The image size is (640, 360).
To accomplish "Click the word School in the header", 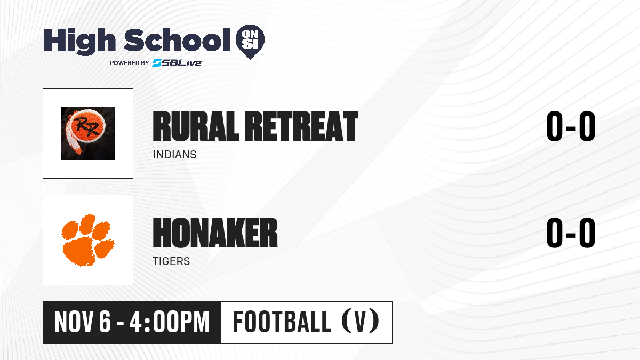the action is pyautogui.click(x=177, y=40).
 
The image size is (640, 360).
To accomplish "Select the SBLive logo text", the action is pyautogui.click(x=177, y=62).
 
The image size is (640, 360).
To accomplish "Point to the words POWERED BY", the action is pyautogui.click(x=130, y=63).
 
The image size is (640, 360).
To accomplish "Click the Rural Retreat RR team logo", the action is pyautogui.click(x=88, y=133).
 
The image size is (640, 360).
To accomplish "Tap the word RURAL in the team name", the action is pyautogui.click(x=196, y=126).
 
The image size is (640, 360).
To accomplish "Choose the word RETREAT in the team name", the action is pyautogui.click(x=301, y=126).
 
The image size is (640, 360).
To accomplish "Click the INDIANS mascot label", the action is pyautogui.click(x=174, y=155).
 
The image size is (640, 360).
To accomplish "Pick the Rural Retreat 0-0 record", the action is pyautogui.click(x=571, y=126).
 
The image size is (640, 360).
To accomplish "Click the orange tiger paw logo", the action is pyautogui.click(x=88, y=240).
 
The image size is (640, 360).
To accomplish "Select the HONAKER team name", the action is pyautogui.click(x=215, y=233).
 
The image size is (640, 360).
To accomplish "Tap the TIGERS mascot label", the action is pyautogui.click(x=171, y=261).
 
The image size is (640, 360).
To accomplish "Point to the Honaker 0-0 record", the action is pyautogui.click(x=571, y=233).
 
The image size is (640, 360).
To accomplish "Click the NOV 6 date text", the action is pyautogui.click(x=83, y=322).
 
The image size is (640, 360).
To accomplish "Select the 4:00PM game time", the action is pyautogui.click(x=170, y=322).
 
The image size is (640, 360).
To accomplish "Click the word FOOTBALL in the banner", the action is pyautogui.click(x=282, y=322).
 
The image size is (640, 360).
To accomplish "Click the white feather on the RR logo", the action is pyautogui.click(x=71, y=137).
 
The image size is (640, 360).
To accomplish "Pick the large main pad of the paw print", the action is pyautogui.click(x=79, y=251).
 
